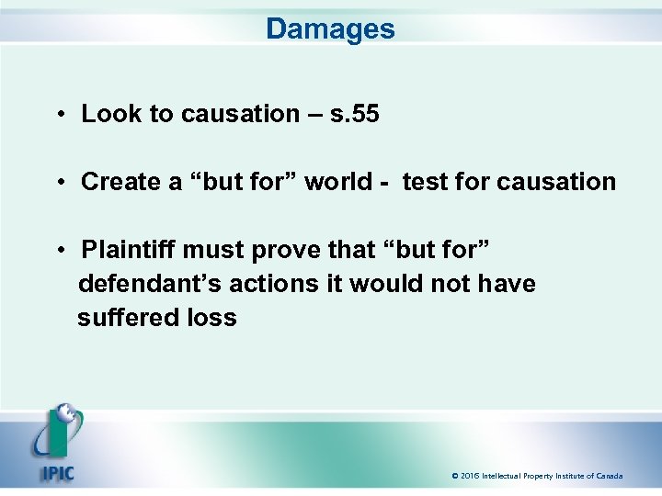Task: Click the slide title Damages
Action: tap(330, 28)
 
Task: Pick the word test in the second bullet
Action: tap(424, 182)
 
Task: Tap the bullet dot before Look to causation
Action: tap(58, 115)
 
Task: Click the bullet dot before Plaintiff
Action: tap(58, 251)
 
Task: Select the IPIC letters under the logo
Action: tap(57, 475)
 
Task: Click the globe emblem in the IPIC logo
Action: tap(64, 417)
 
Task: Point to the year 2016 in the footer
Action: tap(470, 476)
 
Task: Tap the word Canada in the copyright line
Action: tap(609, 476)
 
